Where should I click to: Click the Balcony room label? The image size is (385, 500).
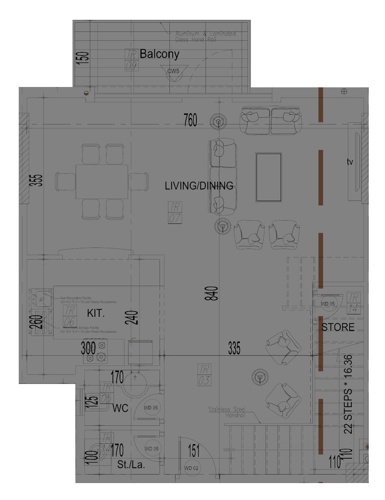tap(159, 54)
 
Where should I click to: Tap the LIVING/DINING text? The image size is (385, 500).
tap(199, 186)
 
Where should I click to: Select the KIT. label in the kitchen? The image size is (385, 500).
tap(96, 313)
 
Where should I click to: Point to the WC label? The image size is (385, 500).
tap(120, 408)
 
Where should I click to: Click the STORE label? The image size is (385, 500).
tap(338, 327)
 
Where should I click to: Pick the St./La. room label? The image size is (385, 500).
tap(131, 465)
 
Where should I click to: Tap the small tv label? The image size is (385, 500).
tap(350, 162)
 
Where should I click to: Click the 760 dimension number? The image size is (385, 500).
tap(190, 121)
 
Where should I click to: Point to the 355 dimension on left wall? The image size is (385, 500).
tap(38, 180)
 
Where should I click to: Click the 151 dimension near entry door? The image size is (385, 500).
tap(194, 451)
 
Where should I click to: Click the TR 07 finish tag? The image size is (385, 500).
tap(175, 213)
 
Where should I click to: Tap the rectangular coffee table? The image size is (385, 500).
tap(269, 177)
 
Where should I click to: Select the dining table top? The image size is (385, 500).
tap(102, 181)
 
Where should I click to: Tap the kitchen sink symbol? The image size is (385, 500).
tap(40, 298)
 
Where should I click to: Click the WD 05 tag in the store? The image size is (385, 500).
tap(328, 304)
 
